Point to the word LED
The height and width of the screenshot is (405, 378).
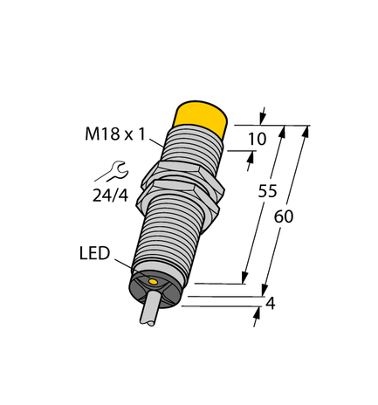point(93,255)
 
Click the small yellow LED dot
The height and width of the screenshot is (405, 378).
point(154,283)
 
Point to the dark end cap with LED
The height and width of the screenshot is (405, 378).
point(157,286)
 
